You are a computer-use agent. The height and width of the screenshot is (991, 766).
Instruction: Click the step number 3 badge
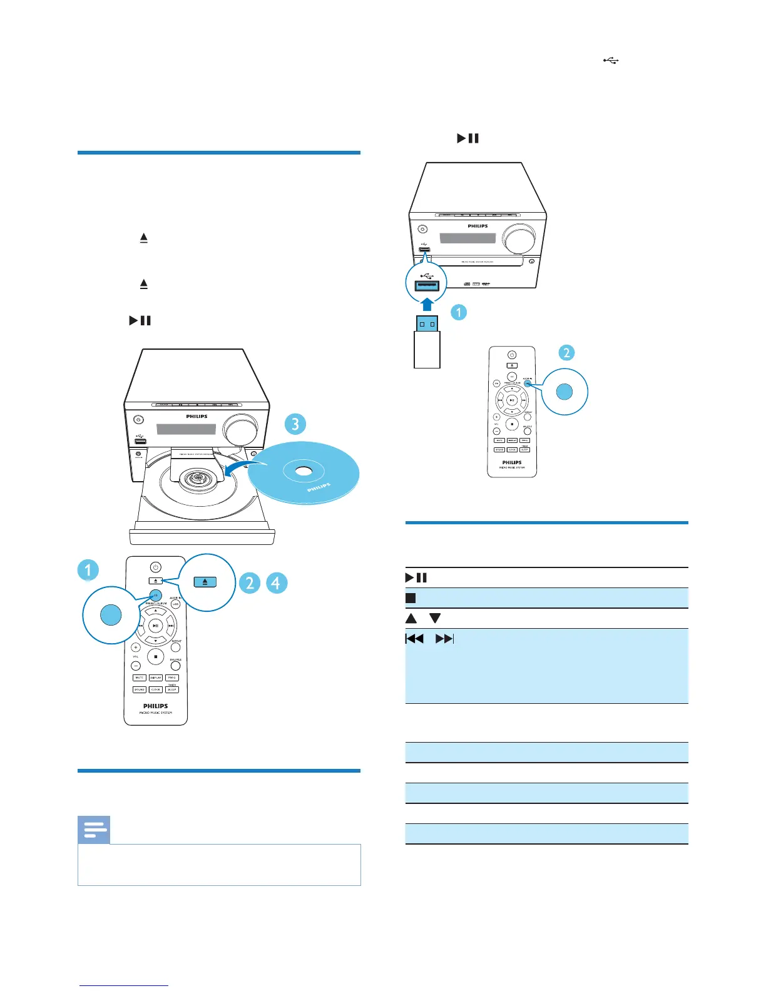(295, 424)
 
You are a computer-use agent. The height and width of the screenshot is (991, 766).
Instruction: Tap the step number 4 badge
(276, 582)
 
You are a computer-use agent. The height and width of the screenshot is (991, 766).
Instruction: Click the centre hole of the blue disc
(303, 470)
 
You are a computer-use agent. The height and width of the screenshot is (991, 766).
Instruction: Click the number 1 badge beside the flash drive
(459, 312)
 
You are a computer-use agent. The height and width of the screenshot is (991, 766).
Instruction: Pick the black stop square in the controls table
(411, 598)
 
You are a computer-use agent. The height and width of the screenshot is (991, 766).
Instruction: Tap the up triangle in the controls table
(411, 618)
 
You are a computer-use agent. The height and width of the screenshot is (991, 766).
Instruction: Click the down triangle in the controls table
(435, 618)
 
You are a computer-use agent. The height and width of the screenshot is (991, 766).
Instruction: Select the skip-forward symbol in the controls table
(444, 639)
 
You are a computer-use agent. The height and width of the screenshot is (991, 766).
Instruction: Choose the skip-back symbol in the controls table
(414, 639)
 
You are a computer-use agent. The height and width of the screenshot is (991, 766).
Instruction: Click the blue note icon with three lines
(94, 830)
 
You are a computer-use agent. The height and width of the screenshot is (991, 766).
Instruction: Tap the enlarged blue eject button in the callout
(205, 582)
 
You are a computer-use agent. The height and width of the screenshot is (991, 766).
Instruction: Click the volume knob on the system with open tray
(242, 431)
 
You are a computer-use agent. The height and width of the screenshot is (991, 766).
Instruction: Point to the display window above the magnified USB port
(467, 238)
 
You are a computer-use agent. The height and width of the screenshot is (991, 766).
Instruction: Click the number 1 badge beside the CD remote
(88, 570)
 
